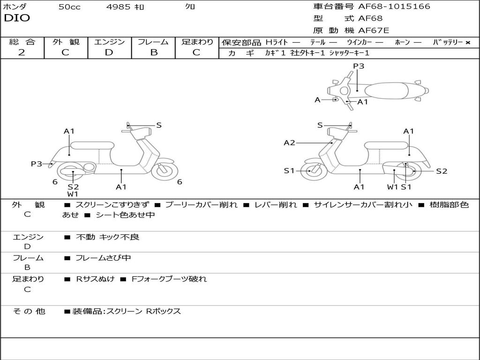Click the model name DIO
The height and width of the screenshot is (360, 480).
point(17,18)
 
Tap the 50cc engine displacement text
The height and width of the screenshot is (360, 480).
point(69,7)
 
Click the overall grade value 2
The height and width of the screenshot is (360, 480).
point(22,52)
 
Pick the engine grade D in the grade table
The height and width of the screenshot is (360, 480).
point(109,52)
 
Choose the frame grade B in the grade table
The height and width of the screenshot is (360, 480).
point(154,52)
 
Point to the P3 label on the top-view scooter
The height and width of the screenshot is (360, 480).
point(359,66)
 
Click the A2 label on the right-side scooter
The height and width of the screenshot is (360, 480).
point(289,143)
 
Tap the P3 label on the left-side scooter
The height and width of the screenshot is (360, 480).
point(37,164)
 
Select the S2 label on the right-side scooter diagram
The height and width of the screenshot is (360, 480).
point(442,171)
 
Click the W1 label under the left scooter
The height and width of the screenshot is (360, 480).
point(73,194)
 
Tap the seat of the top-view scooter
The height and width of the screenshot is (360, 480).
point(388,90)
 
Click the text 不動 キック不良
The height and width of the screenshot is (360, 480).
point(107,237)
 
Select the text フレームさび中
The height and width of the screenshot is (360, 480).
point(103,258)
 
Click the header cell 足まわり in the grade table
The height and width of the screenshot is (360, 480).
point(197,42)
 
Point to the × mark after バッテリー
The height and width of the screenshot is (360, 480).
point(468,43)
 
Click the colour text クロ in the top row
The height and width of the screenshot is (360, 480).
point(190,7)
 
